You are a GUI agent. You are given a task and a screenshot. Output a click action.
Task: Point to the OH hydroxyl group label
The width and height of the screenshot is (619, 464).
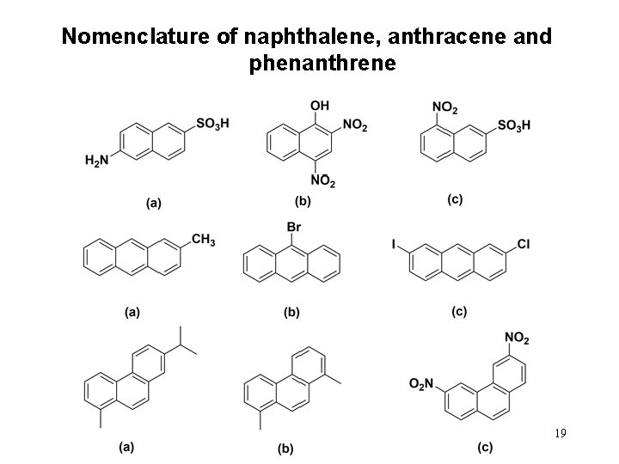pyautogui.click(x=319, y=105)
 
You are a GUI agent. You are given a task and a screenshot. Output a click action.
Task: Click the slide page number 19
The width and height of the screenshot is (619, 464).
pyautogui.click(x=560, y=434)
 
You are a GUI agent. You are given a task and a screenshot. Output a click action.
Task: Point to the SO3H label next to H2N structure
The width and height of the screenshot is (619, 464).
pyautogui.click(x=212, y=125)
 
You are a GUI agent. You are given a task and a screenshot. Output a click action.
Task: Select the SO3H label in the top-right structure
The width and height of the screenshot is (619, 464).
pyautogui.click(x=513, y=125)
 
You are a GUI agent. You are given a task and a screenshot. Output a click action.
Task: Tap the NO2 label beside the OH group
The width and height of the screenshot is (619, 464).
pyautogui.click(x=354, y=126)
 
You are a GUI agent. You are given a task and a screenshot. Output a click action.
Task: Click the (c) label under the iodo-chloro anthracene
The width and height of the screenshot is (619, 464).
pyautogui.click(x=459, y=311)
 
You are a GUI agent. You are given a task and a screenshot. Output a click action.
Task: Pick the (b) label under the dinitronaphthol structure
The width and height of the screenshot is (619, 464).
pyautogui.click(x=303, y=202)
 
